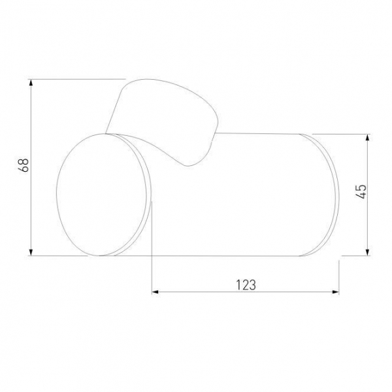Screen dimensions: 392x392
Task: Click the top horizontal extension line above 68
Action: pos(78,79)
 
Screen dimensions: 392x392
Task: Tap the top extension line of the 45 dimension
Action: pos(346,135)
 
